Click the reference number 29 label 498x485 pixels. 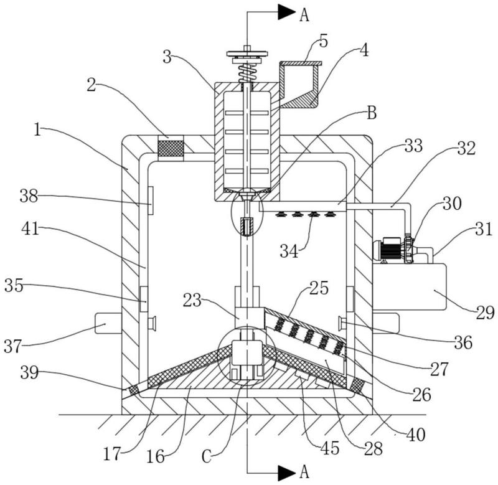tap(485, 313)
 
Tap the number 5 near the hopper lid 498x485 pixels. tap(323, 42)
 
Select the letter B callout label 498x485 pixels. tap(372, 113)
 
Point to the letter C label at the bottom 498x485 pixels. tap(207, 458)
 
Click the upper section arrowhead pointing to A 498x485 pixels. tap(287, 12)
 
